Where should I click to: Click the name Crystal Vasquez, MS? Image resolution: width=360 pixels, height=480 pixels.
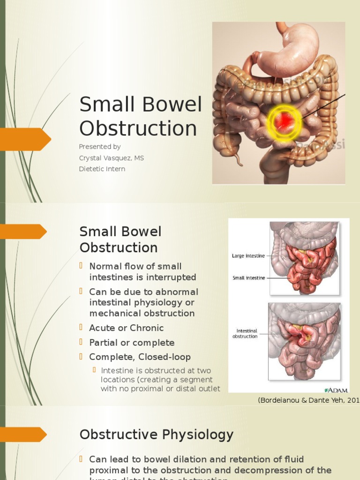click(112, 158)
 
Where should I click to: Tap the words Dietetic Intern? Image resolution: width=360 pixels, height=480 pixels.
click(102, 169)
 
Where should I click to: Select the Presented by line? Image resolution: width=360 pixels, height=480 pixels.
click(100, 147)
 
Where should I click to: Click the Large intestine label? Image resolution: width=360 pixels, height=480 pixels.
click(248, 256)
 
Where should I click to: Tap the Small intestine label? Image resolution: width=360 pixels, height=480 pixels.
click(249, 278)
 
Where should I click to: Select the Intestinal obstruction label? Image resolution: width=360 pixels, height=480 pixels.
click(245, 333)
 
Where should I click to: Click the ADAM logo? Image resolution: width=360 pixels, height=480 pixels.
click(334, 390)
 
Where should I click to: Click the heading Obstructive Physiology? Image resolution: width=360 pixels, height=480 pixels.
click(156, 435)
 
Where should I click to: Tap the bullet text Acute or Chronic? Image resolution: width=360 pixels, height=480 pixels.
click(127, 328)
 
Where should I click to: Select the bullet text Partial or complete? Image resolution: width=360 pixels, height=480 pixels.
click(132, 343)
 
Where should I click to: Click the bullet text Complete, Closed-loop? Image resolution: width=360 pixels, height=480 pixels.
click(140, 357)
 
